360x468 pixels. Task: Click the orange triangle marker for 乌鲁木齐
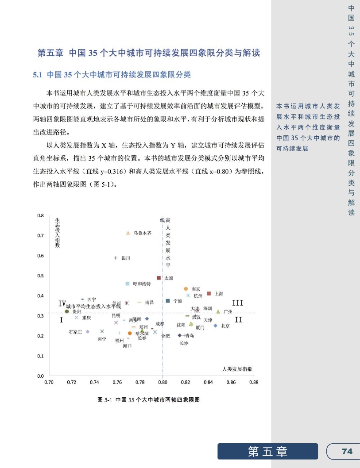pyautogui.click(x=128, y=233)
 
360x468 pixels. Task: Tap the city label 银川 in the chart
pyautogui.click(x=126, y=258)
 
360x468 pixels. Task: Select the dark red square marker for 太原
pyautogui.click(x=159, y=278)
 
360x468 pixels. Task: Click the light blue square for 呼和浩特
pyautogui.click(x=128, y=284)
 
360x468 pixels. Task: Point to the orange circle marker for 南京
pyautogui.click(x=186, y=289)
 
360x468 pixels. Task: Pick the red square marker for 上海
pyautogui.click(x=209, y=293)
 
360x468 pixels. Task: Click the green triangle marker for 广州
pyautogui.click(x=218, y=311)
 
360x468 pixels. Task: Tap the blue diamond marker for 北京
pyautogui.click(x=215, y=326)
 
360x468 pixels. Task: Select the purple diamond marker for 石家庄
pyautogui.click(x=88, y=331)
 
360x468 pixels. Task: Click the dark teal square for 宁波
pyautogui.click(x=168, y=301)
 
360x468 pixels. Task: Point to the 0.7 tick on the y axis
pyautogui.click(x=40, y=236)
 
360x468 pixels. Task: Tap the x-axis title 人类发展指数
pyautogui.click(x=240, y=368)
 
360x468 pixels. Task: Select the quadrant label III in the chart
pyautogui.click(x=238, y=303)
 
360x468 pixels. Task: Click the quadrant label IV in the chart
pyautogui.click(x=62, y=303)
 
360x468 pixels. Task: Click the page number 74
pyautogui.click(x=347, y=451)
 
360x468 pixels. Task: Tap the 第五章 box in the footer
pyautogui.click(x=267, y=451)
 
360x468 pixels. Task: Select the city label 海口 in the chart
pyautogui.click(x=127, y=345)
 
